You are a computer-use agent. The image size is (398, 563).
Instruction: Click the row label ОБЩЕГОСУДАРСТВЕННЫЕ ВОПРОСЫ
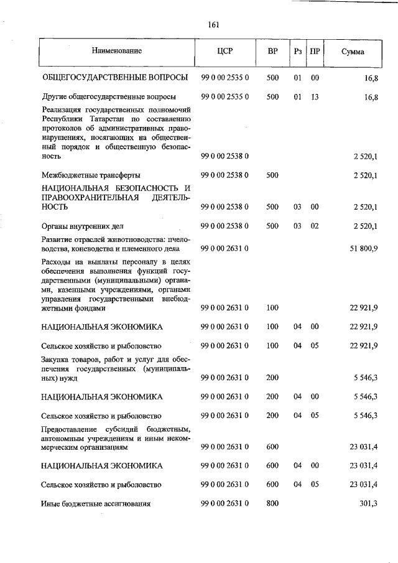point(115,78)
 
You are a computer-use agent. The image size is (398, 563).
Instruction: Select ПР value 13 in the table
point(315,97)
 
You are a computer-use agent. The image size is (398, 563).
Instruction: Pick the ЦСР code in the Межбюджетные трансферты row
point(225,175)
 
